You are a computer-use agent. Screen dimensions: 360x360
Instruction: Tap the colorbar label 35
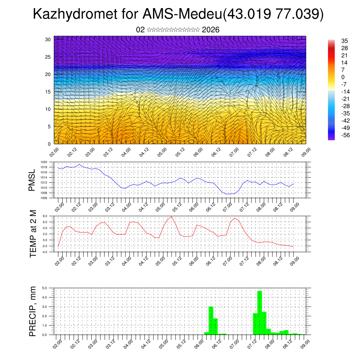click(344, 41)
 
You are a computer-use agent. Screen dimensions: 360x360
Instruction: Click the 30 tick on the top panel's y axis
click(48, 39)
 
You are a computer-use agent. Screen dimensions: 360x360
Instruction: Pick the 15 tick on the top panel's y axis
click(48, 92)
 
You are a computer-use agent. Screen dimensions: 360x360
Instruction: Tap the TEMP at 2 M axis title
click(33, 233)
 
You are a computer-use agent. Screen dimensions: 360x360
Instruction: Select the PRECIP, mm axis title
click(33, 311)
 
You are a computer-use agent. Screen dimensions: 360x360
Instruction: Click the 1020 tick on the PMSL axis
click(44, 162)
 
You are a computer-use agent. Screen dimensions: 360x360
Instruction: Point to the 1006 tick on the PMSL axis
click(44, 198)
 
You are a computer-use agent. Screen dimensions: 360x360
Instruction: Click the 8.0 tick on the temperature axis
click(45, 216)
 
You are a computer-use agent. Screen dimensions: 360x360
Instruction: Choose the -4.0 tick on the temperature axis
click(44, 252)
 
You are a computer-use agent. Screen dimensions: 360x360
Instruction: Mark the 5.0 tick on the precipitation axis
click(45, 288)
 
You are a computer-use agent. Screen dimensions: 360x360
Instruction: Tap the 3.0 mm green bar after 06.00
click(211, 320)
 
